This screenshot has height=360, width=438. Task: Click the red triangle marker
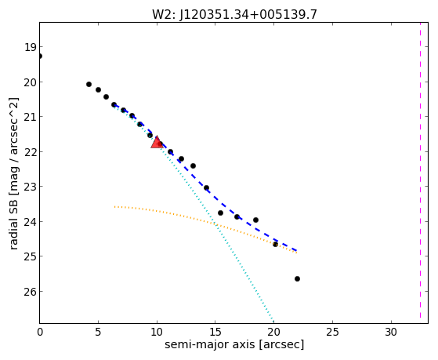tap(157, 142)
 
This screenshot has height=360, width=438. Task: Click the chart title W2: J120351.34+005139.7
tap(234, 14)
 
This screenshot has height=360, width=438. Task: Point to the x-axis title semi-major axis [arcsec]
tap(234, 344)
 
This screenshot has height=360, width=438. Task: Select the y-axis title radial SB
tap(13, 226)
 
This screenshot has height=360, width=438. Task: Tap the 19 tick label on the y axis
tap(30, 47)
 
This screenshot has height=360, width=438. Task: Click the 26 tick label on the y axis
tap(30, 292)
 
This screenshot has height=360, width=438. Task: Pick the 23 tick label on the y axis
tap(30, 187)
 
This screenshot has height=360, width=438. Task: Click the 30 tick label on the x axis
tap(391, 333)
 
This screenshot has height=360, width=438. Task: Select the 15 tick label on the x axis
tap(215, 333)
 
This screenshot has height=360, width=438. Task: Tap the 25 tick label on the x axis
tap(332, 333)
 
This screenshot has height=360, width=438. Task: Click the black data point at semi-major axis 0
tap(40, 56)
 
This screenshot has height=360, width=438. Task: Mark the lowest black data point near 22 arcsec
tap(297, 279)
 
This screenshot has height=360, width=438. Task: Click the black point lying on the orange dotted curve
tap(275, 244)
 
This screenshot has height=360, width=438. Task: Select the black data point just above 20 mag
tap(89, 84)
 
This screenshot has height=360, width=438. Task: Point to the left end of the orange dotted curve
tap(114, 207)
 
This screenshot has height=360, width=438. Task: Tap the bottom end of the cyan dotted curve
tap(273, 322)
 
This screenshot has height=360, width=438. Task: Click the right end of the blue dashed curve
tap(297, 251)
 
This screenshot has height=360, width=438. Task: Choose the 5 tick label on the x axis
tap(98, 333)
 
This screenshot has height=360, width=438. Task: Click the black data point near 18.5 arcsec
tap(255, 220)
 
